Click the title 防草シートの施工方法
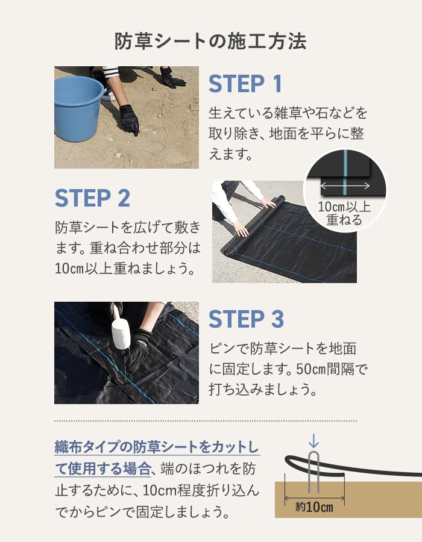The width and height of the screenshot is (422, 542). (x=210, y=42)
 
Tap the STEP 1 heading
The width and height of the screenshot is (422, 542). (x=245, y=84)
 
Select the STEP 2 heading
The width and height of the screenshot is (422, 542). (x=92, y=198)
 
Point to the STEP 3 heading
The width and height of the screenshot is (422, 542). (x=246, y=319)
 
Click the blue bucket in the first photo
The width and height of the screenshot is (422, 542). (x=78, y=108)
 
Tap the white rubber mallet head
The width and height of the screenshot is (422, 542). (x=120, y=334)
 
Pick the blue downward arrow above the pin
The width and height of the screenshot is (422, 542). (x=313, y=441)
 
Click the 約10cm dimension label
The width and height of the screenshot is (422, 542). (x=314, y=506)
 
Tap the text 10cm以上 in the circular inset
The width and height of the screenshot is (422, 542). (x=344, y=207)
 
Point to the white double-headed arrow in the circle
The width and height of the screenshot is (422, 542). (x=345, y=185)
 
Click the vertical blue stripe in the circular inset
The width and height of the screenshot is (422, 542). (x=344, y=172)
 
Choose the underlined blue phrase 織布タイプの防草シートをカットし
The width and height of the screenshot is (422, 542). (x=157, y=447)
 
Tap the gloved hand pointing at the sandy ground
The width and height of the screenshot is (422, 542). (x=128, y=119)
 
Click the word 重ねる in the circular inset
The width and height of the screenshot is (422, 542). (x=344, y=220)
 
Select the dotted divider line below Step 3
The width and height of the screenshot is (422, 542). (x=206, y=421)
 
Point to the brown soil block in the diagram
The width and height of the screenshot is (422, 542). (x=348, y=499)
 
